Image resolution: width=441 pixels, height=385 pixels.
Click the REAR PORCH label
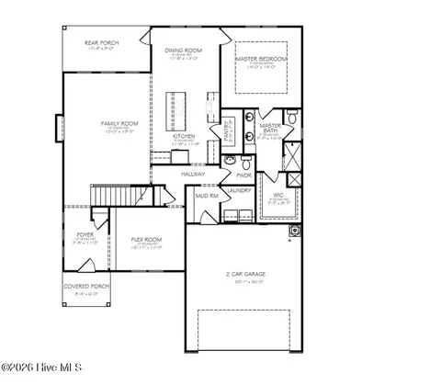[104, 43]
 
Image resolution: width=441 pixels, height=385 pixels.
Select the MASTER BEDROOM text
[260, 59]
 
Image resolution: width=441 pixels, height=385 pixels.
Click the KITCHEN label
[185, 137]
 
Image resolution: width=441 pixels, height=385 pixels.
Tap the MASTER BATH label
[270, 128]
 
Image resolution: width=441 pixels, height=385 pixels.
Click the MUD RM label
[206, 195]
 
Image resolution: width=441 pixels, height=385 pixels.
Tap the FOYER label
[85, 235]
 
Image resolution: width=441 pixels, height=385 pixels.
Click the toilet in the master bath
[291, 117]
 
